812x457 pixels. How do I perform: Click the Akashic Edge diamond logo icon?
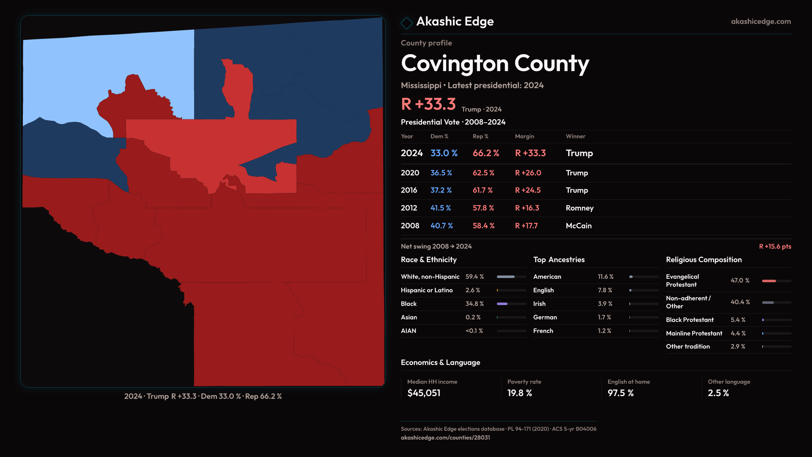(406, 23)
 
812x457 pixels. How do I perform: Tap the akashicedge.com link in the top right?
(761, 22)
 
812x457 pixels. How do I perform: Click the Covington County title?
(495, 63)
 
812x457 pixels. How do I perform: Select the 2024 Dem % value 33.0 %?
(444, 153)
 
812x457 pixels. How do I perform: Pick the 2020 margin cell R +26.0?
(528, 173)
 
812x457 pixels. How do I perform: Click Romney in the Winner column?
(579, 208)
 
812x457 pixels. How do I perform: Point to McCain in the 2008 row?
(579, 226)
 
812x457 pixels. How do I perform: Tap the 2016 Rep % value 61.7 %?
(483, 190)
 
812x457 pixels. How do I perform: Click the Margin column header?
(524, 136)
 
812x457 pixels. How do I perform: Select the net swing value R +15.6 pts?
(775, 246)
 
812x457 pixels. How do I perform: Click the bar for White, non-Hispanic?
(506, 277)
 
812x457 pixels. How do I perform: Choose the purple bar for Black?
(502, 304)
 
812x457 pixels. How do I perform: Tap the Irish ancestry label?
(539, 304)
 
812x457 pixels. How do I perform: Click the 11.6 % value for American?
(605, 277)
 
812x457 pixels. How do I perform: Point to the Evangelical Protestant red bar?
(769, 281)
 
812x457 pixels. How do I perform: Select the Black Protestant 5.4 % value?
(738, 320)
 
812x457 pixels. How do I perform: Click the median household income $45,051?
(424, 393)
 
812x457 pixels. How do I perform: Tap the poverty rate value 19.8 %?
(519, 393)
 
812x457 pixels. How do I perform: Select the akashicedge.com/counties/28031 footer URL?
(445, 438)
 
